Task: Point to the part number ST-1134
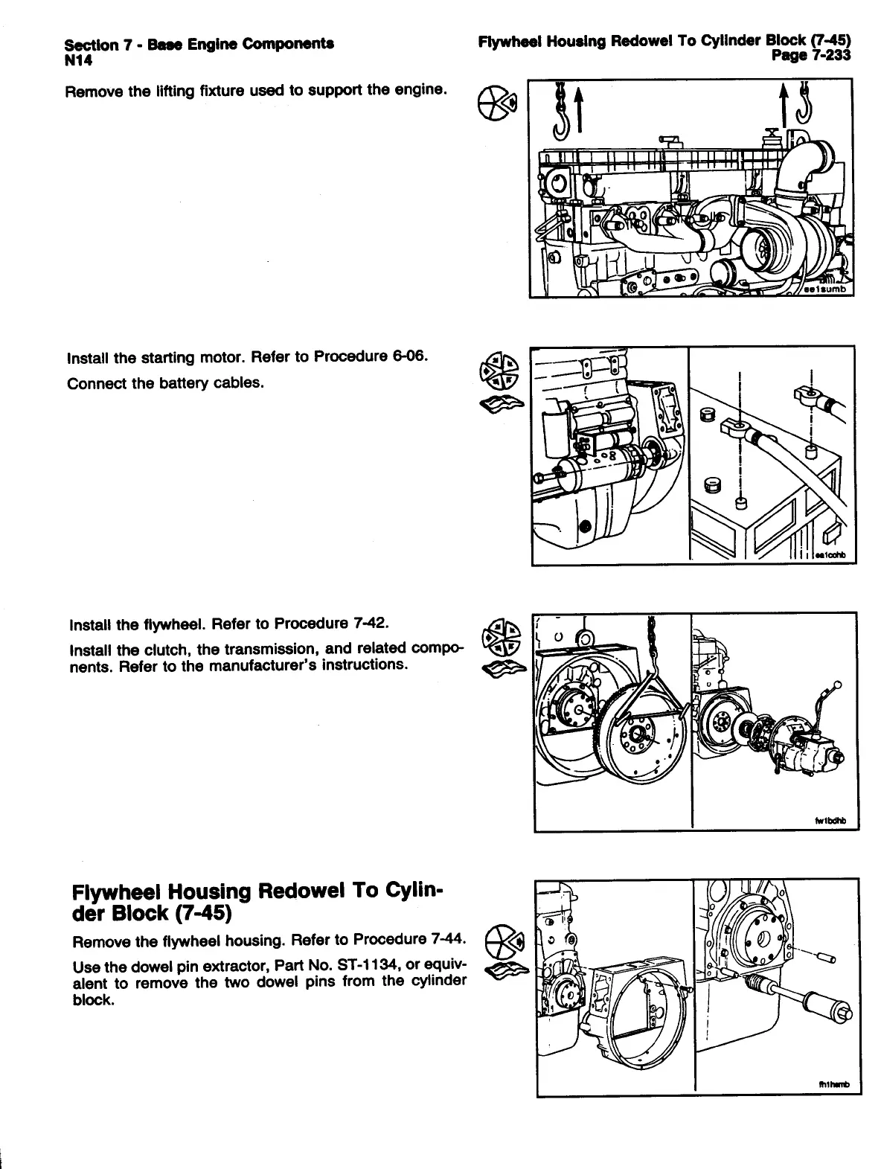(367, 967)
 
